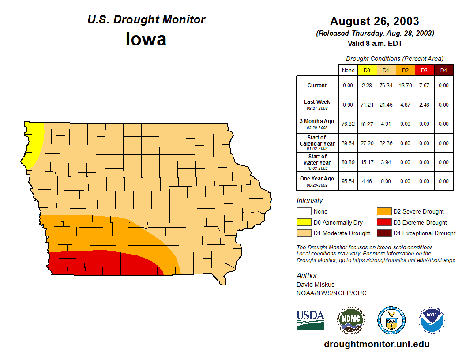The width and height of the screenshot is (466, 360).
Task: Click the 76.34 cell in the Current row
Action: pos(386,86)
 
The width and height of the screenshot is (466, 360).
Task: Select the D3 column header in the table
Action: pos(424,71)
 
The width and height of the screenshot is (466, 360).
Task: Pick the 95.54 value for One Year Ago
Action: pos(348,181)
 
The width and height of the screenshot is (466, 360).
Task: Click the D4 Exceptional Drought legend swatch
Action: pos(384,233)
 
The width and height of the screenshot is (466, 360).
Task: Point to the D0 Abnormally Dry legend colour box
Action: pos(304,222)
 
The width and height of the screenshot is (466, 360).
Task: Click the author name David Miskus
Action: pos(316,285)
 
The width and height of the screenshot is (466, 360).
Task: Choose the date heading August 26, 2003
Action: pos(375,21)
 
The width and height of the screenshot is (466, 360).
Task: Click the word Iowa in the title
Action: pos(146,39)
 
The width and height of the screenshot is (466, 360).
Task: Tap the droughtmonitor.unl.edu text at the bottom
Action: pos(377,344)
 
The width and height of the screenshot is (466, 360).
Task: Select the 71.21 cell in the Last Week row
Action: pos(367,105)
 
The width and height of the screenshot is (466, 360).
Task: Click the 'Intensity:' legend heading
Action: pos(310,201)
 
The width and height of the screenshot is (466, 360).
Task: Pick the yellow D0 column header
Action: pos(367,71)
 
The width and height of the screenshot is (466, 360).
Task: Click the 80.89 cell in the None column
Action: pos(348,162)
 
